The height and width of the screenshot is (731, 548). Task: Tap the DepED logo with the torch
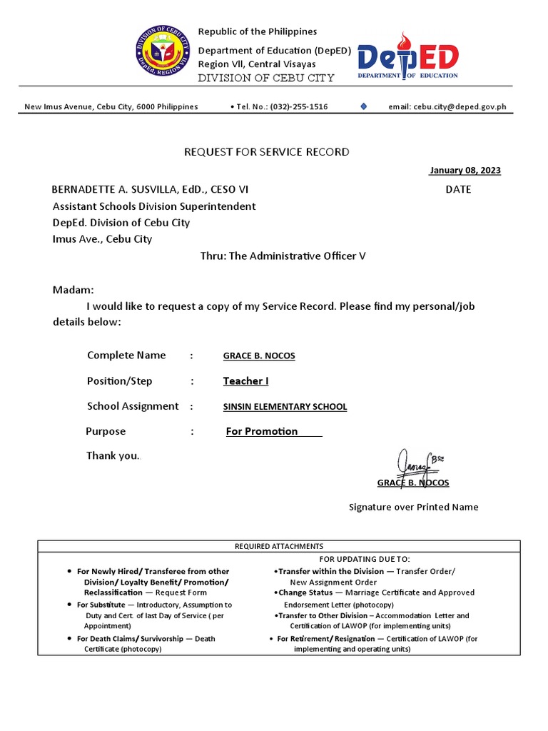(x=407, y=57)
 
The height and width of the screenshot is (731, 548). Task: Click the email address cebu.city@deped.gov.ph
(x=447, y=107)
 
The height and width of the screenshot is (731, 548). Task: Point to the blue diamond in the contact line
(x=364, y=106)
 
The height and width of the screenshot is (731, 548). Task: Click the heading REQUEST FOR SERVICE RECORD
(x=267, y=152)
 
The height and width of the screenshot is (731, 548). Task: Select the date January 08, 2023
(x=465, y=171)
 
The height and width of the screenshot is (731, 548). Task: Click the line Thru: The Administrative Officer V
(x=283, y=256)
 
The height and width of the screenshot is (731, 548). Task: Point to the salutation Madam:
(x=73, y=291)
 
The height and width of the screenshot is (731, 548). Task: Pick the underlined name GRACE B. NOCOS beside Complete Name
(x=259, y=356)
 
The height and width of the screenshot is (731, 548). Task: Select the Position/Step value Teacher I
(x=245, y=381)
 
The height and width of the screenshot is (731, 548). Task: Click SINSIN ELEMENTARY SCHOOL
(x=285, y=407)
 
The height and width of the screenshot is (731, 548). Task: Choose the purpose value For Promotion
(x=262, y=431)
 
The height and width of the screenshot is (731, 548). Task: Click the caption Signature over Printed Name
(x=413, y=508)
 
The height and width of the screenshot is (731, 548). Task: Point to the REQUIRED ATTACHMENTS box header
(x=279, y=546)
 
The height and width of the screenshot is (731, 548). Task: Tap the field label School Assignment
(x=133, y=406)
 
